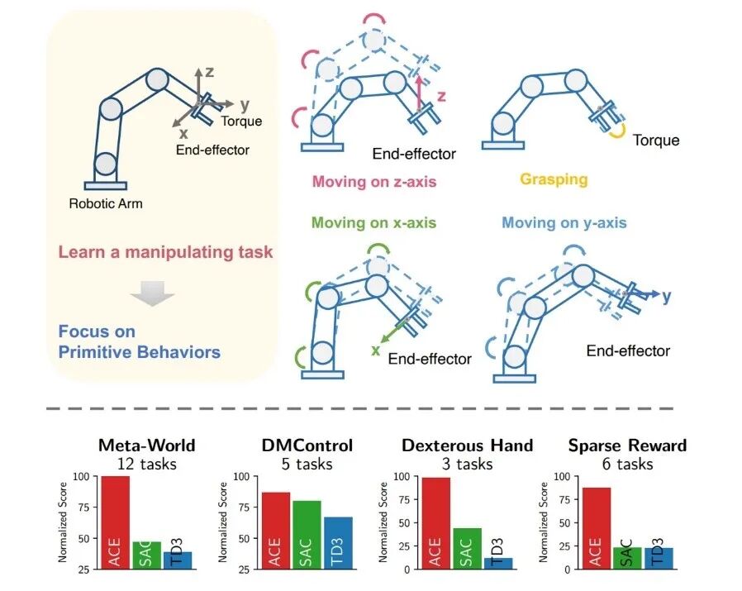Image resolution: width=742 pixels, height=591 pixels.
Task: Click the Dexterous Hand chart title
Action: [468, 446]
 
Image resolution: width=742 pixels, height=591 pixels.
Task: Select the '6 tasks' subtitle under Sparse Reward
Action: [627, 464]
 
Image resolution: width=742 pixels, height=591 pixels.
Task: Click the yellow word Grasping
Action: [553, 179]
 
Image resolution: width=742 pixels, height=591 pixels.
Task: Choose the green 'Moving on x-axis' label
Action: [373, 222]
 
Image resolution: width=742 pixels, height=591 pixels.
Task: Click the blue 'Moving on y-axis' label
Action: [564, 222]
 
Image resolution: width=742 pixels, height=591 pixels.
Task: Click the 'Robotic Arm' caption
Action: [106, 203]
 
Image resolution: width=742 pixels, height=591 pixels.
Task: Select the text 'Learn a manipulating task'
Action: [165, 251]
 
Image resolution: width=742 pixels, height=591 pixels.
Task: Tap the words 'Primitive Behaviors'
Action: [139, 352]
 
